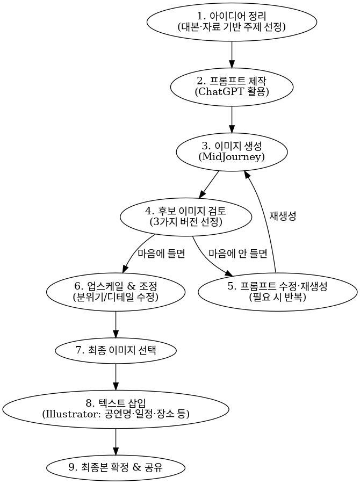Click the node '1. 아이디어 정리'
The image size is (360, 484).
(232, 21)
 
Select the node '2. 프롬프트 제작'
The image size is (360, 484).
(232, 86)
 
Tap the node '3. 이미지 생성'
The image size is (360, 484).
(232, 151)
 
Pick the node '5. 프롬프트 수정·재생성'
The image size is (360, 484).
(277, 292)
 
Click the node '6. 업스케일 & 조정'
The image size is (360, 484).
(116, 291)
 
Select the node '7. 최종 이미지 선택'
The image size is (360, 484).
(116, 350)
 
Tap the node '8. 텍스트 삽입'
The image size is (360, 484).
(116, 409)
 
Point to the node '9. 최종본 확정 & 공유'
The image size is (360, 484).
(116, 467)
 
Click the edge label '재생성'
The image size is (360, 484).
(283, 216)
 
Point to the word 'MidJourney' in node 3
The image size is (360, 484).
(232, 157)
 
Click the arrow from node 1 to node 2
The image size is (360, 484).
(232, 54)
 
